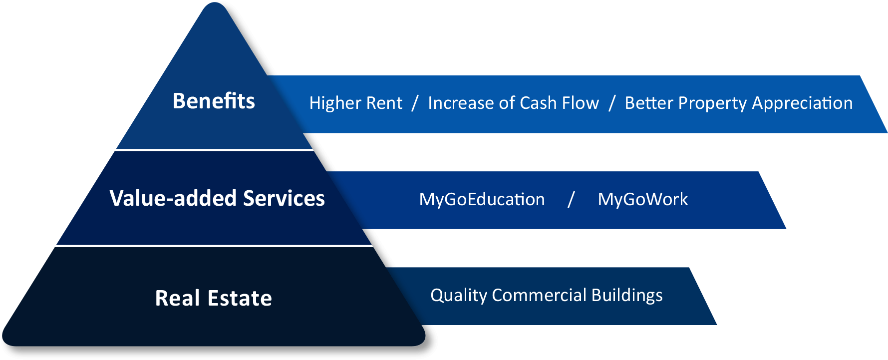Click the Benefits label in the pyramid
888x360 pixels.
214,101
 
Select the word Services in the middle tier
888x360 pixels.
284,198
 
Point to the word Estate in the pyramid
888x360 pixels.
240,298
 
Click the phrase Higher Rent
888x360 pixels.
355,103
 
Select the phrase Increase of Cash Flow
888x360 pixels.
513,103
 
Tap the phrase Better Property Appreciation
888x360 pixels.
739,103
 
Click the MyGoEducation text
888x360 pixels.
482,199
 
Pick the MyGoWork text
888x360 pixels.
643,199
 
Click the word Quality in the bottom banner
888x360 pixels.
459,295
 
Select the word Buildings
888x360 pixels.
627,295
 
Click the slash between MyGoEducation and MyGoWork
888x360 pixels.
571,200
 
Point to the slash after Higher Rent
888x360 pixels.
415,103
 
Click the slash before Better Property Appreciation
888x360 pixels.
612,103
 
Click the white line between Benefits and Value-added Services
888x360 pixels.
215,149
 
